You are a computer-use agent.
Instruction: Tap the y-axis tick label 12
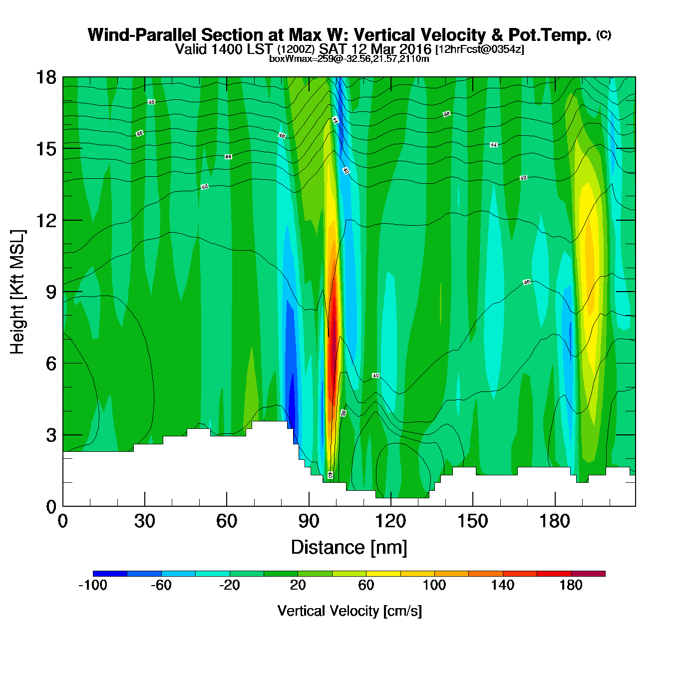(x=46, y=220)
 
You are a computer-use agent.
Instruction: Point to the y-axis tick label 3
(x=51, y=435)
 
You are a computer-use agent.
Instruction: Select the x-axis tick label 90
(x=309, y=521)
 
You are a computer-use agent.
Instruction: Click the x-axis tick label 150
(x=472, y=521)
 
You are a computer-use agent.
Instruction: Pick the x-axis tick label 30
(x=144, y=521)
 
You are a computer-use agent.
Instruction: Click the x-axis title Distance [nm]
(x=349, y=547)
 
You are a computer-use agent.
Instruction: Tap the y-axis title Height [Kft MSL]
(x=17, y=292)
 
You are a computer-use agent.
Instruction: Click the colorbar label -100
(x=93, y=585)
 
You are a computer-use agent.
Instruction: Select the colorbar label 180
(x=571, y=585)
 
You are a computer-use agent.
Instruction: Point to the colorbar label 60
(x=366, y=585)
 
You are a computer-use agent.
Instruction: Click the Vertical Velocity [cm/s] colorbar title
(x=349, y=611)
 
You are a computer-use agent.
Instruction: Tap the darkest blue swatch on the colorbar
(x=110, y=574)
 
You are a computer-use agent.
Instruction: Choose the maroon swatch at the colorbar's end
(x=588, y=574)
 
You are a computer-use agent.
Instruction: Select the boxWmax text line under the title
(x=349, y=58)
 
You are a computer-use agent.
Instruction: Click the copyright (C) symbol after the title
(x=604, y=34)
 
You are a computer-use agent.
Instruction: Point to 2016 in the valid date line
(x=416, y=49)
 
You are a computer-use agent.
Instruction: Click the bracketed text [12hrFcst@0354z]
(x=480, y=49)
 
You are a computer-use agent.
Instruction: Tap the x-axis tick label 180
(x=554, y=521)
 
